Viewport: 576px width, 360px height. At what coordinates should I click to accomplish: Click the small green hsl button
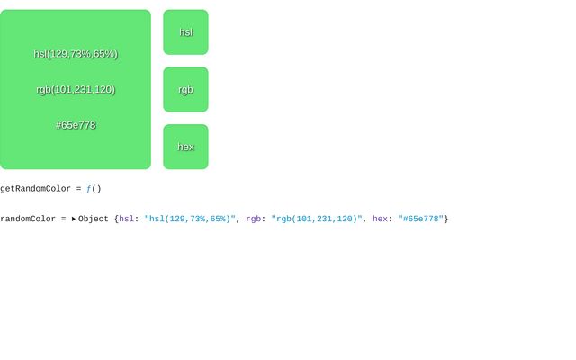(x=186, y=32)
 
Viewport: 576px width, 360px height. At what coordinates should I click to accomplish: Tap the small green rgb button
(x=186, y=90)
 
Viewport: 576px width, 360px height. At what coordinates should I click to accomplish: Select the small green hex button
(x=186, y=147)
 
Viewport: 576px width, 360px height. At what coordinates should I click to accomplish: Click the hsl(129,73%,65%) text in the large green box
(x=76, y=54)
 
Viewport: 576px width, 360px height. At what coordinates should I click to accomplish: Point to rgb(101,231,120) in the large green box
(x=76, y=90)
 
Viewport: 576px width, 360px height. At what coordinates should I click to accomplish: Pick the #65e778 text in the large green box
(x=76, y=125)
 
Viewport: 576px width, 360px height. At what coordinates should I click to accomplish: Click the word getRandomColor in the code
(x=35, y=189)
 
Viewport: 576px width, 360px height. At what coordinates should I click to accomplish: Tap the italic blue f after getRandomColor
(x=88, y=189)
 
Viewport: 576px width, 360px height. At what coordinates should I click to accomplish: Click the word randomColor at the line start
(x=28, y=219)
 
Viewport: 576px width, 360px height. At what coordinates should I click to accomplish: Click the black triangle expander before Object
(x=74, y=219)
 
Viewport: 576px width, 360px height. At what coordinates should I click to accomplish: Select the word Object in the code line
(x=94, y=220)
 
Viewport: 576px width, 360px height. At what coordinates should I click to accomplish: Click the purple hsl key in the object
(x=126, y=219)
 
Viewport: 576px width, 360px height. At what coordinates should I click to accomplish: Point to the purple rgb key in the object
(x=253, y=219)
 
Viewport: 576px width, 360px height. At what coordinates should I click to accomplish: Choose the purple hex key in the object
(x=380, y=219)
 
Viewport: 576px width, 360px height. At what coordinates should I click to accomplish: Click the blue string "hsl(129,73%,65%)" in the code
(x=190, y=219)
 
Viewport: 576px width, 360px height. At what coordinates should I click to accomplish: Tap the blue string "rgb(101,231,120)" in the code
(x=317, y=219)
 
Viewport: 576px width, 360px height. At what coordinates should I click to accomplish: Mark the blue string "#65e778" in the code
(x=420, y=219)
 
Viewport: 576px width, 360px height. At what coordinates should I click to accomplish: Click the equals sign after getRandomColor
(x=78, y=189)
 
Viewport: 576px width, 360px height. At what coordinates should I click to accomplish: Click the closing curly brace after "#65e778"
(x=446, y=220)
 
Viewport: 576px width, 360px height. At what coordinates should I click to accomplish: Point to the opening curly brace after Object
(x=116, y=220)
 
